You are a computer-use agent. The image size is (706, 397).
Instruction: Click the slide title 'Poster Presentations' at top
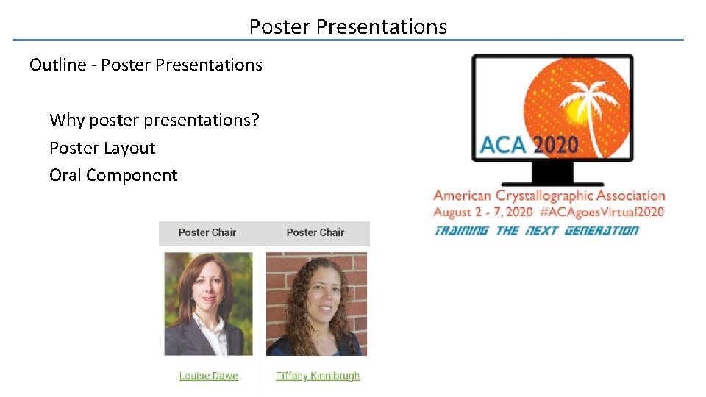coord(348,27)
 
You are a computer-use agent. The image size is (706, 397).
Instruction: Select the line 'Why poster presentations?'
coord(154,120)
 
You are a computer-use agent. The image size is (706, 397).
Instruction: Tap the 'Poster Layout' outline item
coord(102,148)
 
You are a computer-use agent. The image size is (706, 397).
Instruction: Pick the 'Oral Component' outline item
coord(113,175)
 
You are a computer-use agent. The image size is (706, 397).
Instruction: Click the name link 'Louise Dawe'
coord(208,376)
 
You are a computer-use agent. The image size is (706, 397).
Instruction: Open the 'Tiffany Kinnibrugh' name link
coord(318,376)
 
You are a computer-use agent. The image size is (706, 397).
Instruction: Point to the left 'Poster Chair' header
coord(207,232)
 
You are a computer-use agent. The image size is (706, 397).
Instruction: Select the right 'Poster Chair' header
coord(315,232)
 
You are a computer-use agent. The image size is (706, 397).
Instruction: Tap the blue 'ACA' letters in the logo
coord(503,144)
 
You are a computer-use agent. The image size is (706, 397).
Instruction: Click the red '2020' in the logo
coord(555,144)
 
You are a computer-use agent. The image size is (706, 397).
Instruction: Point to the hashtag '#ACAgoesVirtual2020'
coord(601,212)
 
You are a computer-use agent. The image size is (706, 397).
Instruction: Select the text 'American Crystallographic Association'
coord(549,196)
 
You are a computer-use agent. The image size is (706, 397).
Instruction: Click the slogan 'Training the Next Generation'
coord(536,230)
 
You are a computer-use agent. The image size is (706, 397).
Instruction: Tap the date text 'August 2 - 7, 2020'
coord(482,212)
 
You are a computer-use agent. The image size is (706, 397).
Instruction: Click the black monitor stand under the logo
coord(552,175)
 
